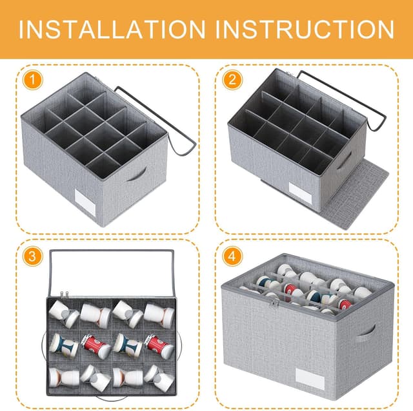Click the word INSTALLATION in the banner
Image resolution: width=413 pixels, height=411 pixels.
[x=112, y=29]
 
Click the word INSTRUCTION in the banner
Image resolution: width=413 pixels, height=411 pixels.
[x=305, y=29]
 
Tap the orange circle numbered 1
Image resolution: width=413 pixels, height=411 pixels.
[x=33, y=79]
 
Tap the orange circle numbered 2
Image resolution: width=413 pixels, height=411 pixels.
[x=232, y=79]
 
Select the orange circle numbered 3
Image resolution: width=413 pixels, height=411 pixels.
[x=33, y=256]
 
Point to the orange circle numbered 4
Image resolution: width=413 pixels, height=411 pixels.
[x=232, y=256]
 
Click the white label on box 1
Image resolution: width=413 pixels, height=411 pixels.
[x=85, y=202]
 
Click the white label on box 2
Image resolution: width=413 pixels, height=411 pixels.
[x=300, y=193]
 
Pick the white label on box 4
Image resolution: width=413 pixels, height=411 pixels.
[x=310, y=379]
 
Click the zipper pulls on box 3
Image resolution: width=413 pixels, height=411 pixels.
[x=63, y=295]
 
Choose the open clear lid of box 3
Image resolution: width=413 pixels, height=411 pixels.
[x=112, y=274]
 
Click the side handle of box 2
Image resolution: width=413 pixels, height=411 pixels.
[x=345, y=160]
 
